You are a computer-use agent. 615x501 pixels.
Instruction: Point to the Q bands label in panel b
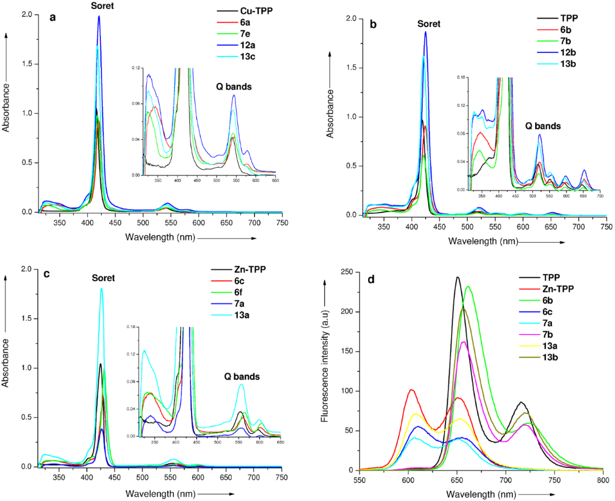[543, 126]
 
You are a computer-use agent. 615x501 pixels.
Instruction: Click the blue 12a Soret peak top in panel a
[99, 16]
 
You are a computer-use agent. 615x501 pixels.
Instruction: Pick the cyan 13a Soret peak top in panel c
[101, 288]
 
